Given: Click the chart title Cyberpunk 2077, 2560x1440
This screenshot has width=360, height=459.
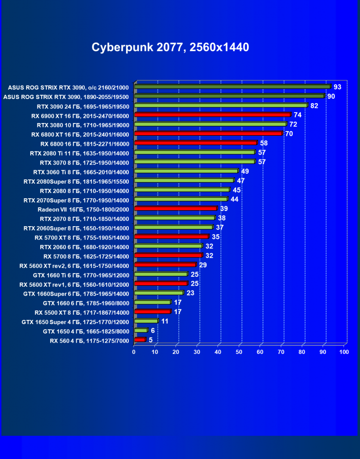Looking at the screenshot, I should [170, 47].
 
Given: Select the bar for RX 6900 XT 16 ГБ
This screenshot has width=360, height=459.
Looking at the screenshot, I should [212, 115].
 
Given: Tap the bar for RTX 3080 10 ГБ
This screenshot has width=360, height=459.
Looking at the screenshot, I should [210, 124].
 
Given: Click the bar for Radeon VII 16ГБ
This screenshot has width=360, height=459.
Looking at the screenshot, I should [176, 208].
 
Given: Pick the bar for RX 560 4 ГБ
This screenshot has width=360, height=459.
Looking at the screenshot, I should [140, 340].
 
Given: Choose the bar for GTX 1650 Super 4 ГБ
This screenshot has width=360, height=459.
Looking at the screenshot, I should [146, 321].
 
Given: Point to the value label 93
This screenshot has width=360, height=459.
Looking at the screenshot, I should [337, 87].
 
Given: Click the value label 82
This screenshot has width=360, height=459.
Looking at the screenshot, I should [314, 106].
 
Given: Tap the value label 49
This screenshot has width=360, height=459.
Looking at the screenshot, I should [245, 171].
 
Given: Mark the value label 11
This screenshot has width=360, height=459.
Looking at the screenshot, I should [165, 321].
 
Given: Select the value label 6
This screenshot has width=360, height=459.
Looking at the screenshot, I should [153, 330].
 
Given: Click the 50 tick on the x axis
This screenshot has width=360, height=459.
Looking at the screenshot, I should [239, 352].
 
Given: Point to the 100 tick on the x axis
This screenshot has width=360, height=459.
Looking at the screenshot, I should [344, 352].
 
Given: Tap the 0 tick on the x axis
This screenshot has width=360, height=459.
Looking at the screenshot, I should [134, 352].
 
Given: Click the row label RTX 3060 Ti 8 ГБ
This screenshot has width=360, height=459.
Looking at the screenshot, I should [81, 171].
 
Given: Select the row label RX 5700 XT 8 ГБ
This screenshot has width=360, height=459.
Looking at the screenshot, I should [81, 237].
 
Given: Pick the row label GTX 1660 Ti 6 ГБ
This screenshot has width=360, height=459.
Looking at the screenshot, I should [81, 274].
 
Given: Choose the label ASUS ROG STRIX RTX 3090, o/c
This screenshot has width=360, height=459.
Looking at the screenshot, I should [68, 87].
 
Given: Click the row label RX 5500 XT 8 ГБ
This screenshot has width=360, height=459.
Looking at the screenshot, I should [81, 312].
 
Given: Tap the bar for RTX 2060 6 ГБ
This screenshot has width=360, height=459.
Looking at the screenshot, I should [168, 246].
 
